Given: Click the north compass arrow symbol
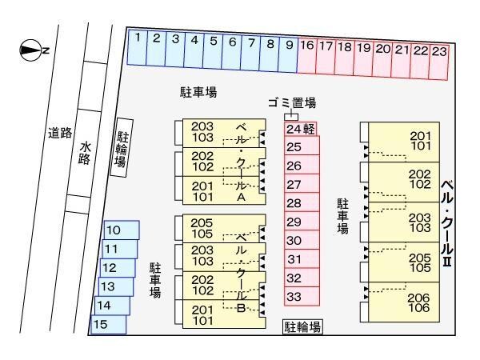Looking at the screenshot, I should coord(30,50).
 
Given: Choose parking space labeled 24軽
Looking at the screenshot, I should coord(302,129).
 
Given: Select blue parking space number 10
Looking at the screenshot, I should coord(119,230).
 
